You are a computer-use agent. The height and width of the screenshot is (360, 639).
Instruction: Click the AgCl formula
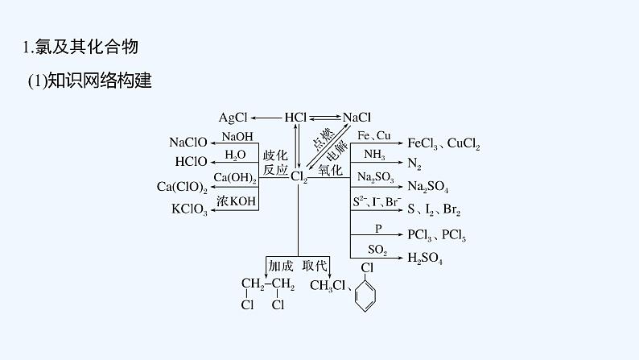(x=234, y=118)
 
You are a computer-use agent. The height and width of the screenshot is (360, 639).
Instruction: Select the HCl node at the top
(x=295, y=118)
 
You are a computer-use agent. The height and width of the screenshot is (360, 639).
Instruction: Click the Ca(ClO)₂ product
(x=182, y=187)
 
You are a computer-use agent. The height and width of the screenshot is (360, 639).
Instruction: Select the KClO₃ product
(x=189, y=209)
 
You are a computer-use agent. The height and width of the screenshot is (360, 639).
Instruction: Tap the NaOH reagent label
(x=237, y=135)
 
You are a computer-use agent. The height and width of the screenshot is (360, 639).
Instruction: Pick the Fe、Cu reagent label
(x=373, y=135)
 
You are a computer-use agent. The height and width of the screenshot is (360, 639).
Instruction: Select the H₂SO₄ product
(x=425, y=258)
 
